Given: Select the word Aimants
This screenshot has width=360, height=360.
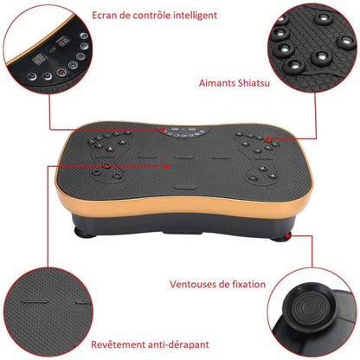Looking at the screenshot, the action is coord(217,83).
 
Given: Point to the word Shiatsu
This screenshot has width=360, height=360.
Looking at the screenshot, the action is coord(254,83).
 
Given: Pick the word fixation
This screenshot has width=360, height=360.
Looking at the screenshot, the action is coord(248,285).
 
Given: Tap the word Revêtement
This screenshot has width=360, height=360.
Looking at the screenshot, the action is coord(119,344).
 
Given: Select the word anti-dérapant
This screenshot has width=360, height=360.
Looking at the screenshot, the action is coord(178,344).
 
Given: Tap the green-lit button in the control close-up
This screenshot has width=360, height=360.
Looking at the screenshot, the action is coord(73,66).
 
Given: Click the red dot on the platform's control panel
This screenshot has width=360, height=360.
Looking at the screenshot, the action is coord(164,130).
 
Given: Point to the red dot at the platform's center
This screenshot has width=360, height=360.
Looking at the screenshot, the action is coord(167,166).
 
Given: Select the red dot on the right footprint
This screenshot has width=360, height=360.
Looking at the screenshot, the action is coord(267,139).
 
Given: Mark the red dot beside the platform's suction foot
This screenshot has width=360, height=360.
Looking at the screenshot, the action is coord(287,236).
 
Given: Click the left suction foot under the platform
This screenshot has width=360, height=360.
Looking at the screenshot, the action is coord(85,232).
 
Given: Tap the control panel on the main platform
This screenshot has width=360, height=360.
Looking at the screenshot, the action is coord(183,132).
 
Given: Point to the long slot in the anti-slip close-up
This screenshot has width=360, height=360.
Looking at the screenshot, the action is coord(35,302).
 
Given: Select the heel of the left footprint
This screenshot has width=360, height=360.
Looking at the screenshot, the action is coord(106,173).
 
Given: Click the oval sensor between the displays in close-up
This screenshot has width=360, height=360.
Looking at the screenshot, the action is coord(53,50).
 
